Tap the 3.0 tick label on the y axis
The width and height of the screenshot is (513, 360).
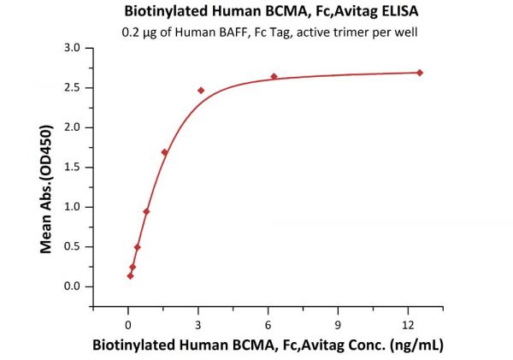(74, 48)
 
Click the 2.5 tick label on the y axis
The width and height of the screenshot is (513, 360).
(74, 88)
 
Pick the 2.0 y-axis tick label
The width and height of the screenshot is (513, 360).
(74, 127)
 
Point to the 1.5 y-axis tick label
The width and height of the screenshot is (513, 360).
(74, 168)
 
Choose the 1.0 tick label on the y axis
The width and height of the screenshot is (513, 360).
(74, 207)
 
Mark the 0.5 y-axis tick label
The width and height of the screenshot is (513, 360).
(74, 246)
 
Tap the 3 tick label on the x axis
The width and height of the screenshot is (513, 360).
(198, 324)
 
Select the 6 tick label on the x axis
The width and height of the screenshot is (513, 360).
(268, 324)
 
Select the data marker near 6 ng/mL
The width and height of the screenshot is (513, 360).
(274, 77)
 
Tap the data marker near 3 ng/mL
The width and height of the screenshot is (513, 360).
(201, 91)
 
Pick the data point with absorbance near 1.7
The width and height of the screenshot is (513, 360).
(165, 152)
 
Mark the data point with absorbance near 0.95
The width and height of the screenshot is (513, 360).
(146, 211)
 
